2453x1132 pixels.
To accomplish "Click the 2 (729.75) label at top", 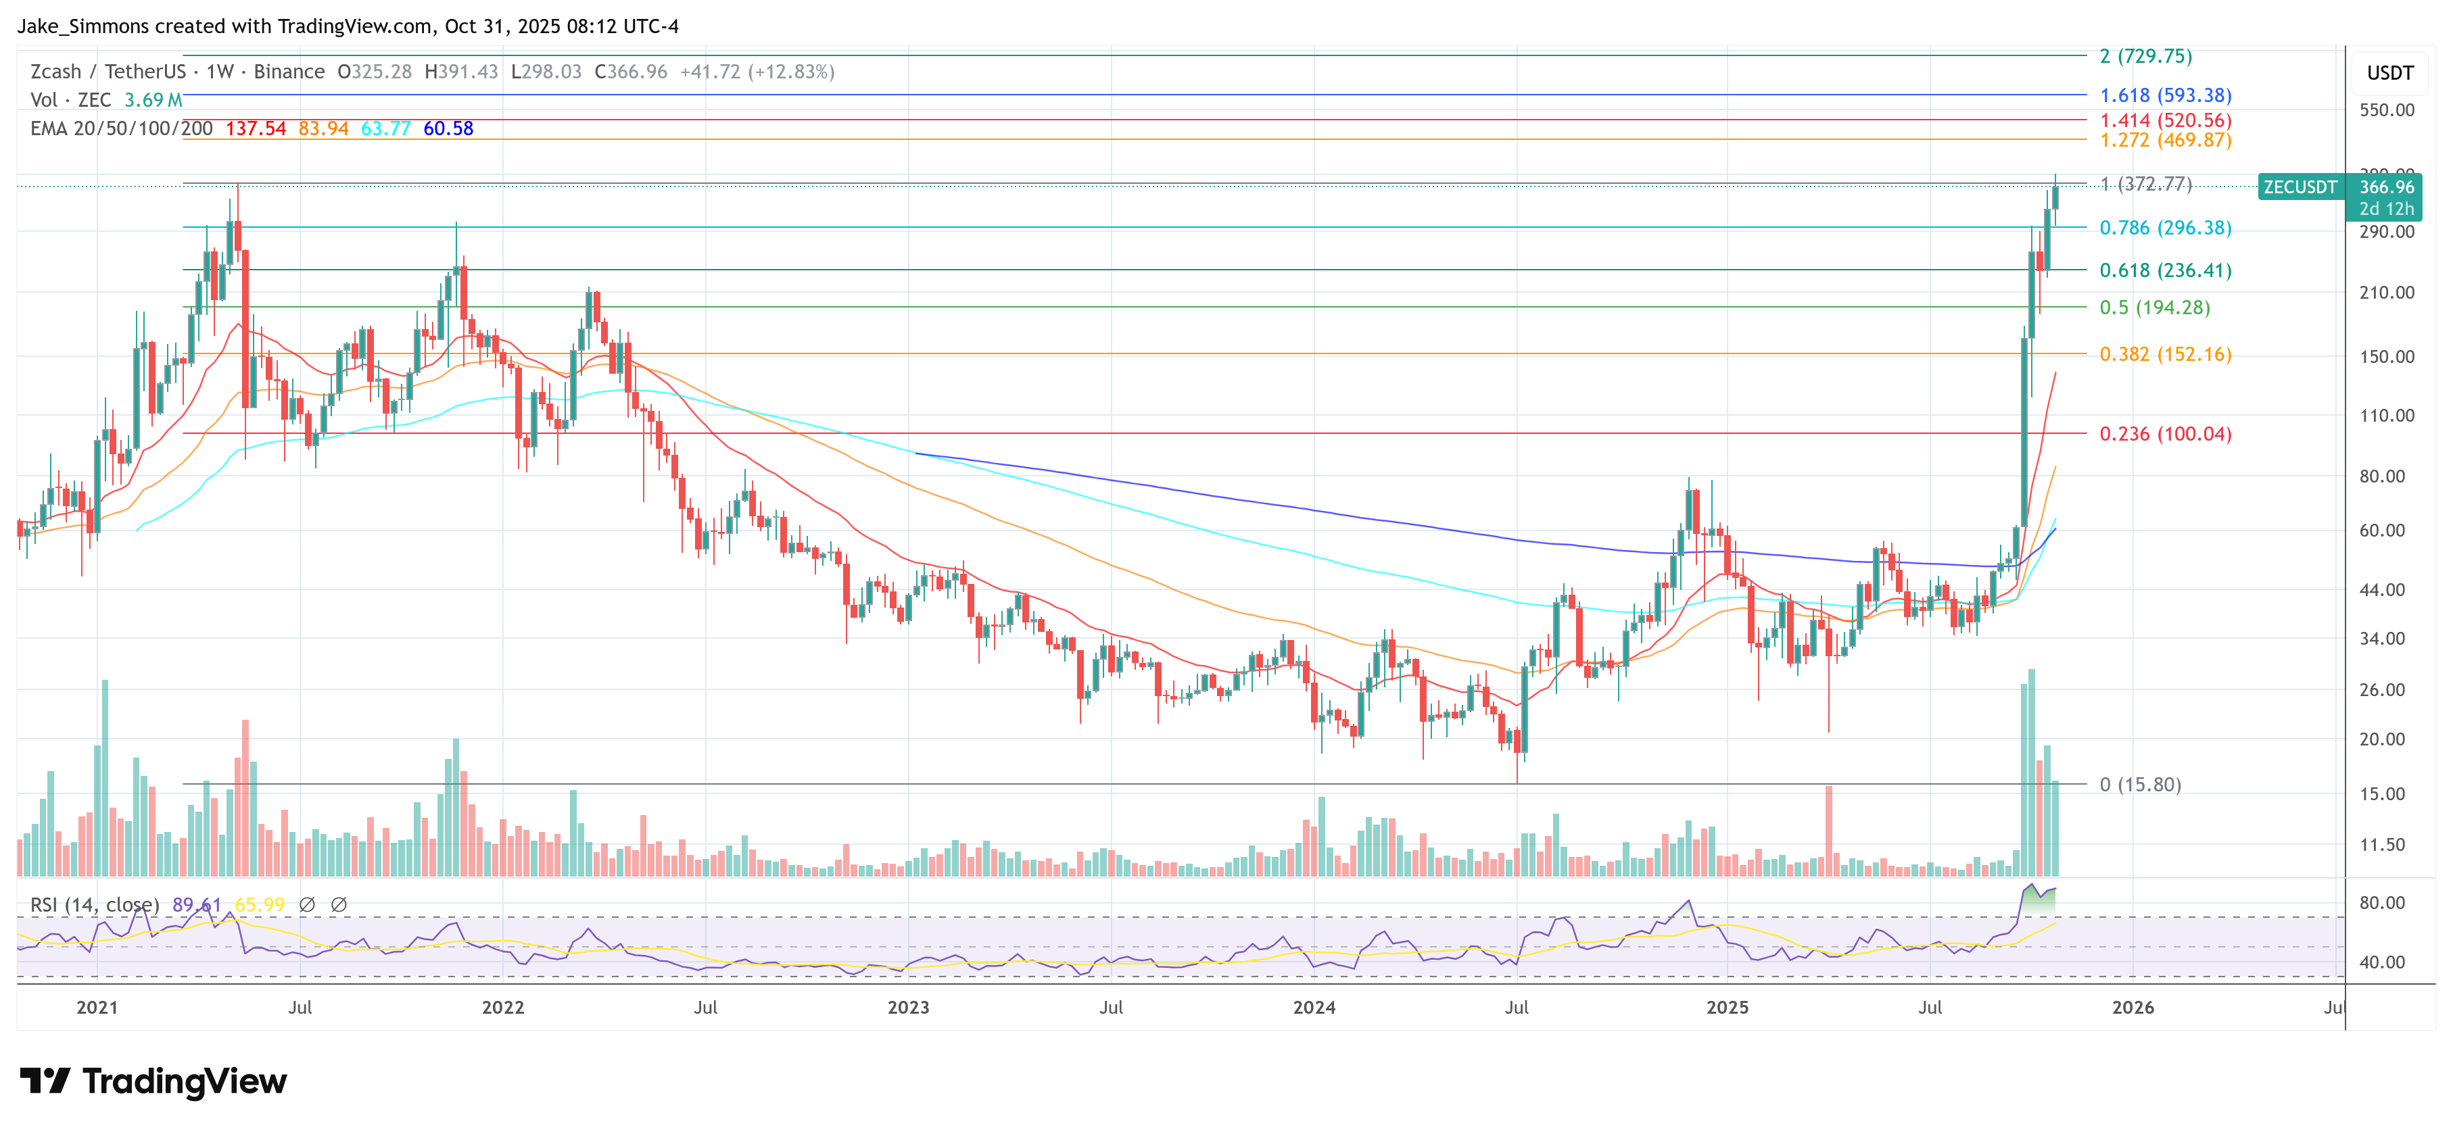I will click(x=2145, y=56).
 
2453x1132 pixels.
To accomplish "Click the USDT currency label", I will click(x=2389, y=73).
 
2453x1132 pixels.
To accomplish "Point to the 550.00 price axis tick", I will click(x=2386, y=110).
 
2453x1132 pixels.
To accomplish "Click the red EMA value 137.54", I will click(x=255, y=128).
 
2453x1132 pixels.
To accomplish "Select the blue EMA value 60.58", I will click(x=448, y=128).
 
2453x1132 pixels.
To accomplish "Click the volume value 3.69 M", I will click(x=152, y=100).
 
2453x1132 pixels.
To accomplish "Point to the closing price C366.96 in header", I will click(x=630, y=72).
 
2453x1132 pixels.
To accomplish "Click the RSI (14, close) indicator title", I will click(x=94, y=904).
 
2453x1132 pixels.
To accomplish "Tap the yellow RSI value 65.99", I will click(x=259, y=904).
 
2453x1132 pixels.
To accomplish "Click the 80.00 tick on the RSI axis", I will click(x=2381, y=902).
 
